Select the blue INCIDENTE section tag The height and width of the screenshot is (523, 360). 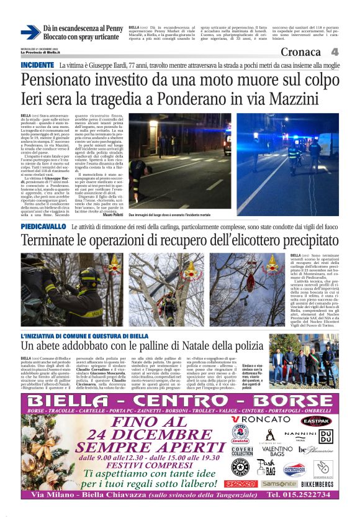37,65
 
